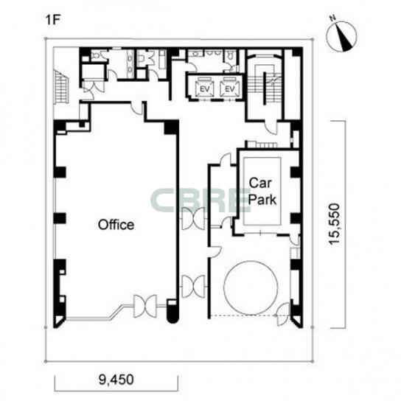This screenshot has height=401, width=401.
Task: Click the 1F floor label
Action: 52,20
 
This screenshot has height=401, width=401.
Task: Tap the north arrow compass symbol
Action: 341,35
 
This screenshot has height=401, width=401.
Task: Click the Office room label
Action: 116,225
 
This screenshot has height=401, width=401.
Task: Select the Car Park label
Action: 262,192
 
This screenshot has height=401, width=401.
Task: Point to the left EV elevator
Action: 204,88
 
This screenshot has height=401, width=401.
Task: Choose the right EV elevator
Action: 229,88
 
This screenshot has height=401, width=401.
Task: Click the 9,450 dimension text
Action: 116,380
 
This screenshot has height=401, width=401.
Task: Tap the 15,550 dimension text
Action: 334,224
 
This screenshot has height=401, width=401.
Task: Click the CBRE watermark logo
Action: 200,200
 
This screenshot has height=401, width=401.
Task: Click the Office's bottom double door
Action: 145,306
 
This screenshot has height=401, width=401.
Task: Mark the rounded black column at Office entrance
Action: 172,312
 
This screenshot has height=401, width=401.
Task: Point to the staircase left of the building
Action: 61,86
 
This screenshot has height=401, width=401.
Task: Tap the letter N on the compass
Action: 332,18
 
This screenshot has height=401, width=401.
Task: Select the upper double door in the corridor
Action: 193,219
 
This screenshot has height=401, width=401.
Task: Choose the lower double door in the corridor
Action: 193,287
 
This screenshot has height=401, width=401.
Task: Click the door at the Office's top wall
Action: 137,108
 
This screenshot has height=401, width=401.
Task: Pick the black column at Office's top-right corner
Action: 171,127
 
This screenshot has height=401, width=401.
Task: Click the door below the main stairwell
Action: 271,126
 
